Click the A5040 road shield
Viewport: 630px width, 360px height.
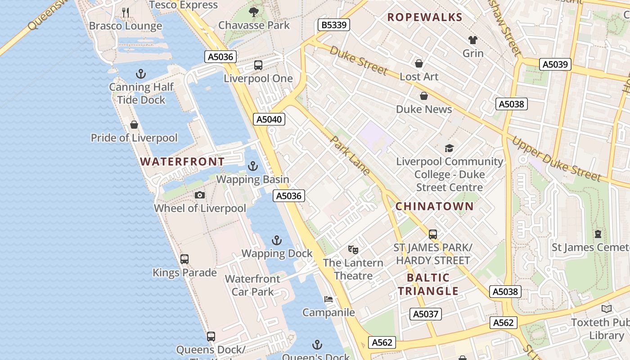point(269,119)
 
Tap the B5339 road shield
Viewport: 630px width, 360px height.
point(334,25)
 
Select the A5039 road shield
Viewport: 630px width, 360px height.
point(555,64)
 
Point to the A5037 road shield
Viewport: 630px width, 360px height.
point(426,314)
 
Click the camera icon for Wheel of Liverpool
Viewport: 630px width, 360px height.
point(200,195)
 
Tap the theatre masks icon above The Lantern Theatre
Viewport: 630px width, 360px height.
point(353,249)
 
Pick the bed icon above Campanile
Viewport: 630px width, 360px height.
point(328,299)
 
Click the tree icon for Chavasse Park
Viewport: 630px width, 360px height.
point(254,12)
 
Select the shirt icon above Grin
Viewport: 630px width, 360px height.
point(473,40)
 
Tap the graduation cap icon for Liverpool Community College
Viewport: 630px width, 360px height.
point(449,148)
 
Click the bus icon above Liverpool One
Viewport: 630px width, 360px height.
point(258,65)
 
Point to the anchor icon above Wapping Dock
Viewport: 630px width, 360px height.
point(277,240)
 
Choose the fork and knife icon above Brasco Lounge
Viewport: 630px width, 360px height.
point(126,13)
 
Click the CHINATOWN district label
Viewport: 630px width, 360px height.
point(434,207)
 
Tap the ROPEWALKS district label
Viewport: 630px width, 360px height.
point(425,18)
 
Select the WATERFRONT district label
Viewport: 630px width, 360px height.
point(182,162)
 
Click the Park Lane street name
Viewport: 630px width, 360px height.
point(351,155)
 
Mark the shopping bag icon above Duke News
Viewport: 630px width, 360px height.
point(424,96)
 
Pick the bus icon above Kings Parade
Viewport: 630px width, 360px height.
point(184,259)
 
